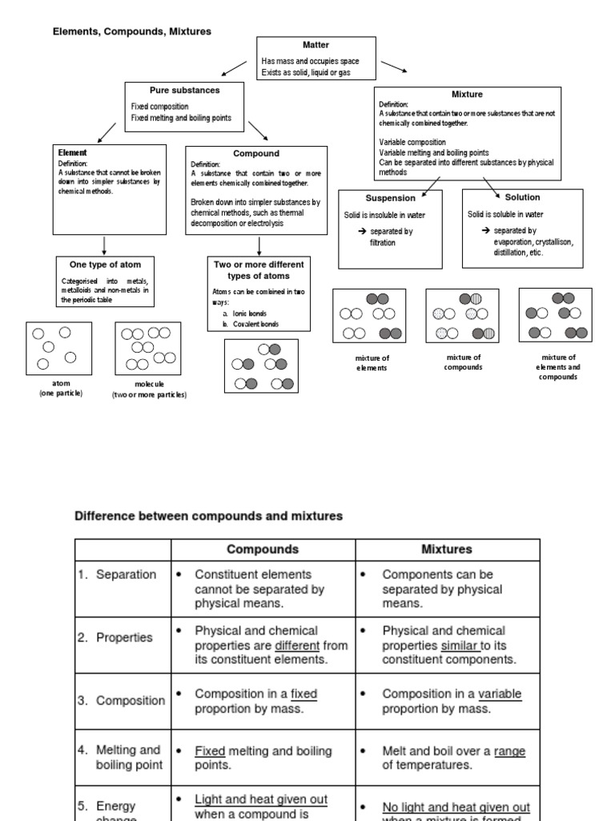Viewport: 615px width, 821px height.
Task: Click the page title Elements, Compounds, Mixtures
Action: pyautogui.click(x=132, y=31)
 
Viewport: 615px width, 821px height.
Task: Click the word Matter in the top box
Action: pyautogui.click(x=316, y=45)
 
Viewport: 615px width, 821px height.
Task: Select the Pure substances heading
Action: pyautogui.click(x=184, y=90)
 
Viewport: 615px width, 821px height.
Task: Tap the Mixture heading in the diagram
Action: pyautogui.click(x=467, y=94)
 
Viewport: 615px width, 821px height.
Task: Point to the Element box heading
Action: pyautogui.click(x=73, y=152)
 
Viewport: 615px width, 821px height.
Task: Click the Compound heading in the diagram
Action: pyautogui.click(x=256, y=153)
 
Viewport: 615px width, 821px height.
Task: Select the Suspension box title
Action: pyautogui.click(x=390, y=197)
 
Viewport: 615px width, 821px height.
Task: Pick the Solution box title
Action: pyautogui.click(x=522, y=196)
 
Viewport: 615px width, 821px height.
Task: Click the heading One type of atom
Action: pyautogui.click(x=105, y=264)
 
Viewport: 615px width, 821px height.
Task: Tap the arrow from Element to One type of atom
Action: pyautogui.click(x=105, y=245)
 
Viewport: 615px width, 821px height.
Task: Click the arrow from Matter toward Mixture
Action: pyautogui.click(x=393, y=66)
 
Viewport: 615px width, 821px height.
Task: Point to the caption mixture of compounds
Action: pyautogui.click(x=463, y=362)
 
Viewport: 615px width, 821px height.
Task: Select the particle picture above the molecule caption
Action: pyautogui.click(x=149, y=348)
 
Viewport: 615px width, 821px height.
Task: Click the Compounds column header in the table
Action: pyautogui.click(x=263, y=550)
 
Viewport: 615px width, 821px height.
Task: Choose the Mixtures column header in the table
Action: pyautogui.click(x=446, y=550)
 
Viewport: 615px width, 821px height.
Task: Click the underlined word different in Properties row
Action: pyautogui.click(x=297, y=645)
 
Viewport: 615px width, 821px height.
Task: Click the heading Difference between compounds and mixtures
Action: pyautogui.click(x=208, y=516)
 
